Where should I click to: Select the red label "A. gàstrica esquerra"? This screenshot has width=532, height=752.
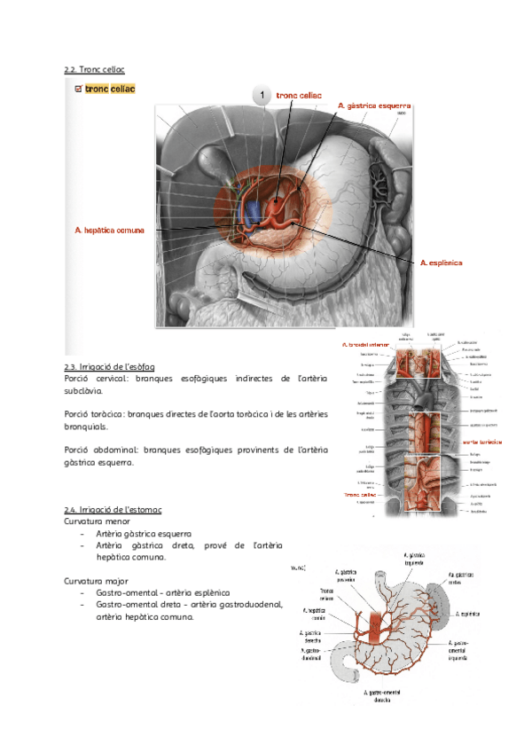[373, 106]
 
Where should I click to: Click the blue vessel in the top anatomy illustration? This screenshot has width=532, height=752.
[253, 211]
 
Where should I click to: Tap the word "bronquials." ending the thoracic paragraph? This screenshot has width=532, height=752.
[86, 426]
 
